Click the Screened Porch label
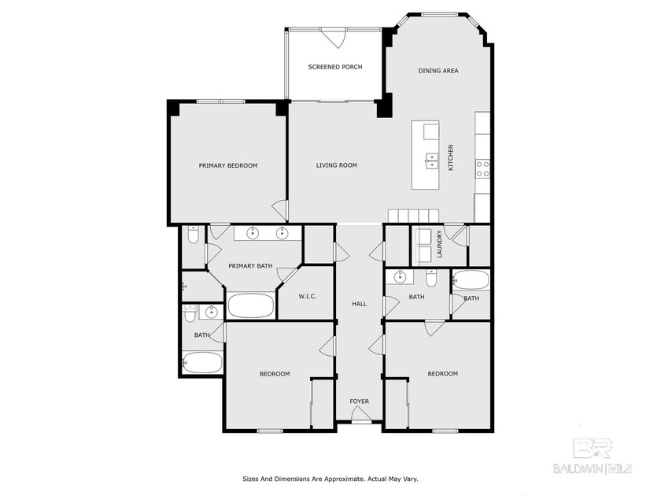(x=335, y=67)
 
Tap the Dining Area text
(x=438, y=71)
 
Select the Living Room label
(x=337, y=165)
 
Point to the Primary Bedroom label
(x=227, y=165)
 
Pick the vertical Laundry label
(x=440, y=243)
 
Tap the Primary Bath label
(x=250, y=266)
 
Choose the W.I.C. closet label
(x=307, y=296)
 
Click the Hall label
(x=360, y=303)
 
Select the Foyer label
(x=360, y=402)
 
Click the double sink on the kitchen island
(x=431, y=160)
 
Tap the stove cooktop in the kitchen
(x=482, y=168)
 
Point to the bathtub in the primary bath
(x=250, y=305)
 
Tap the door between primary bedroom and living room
(x=279, y=210)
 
